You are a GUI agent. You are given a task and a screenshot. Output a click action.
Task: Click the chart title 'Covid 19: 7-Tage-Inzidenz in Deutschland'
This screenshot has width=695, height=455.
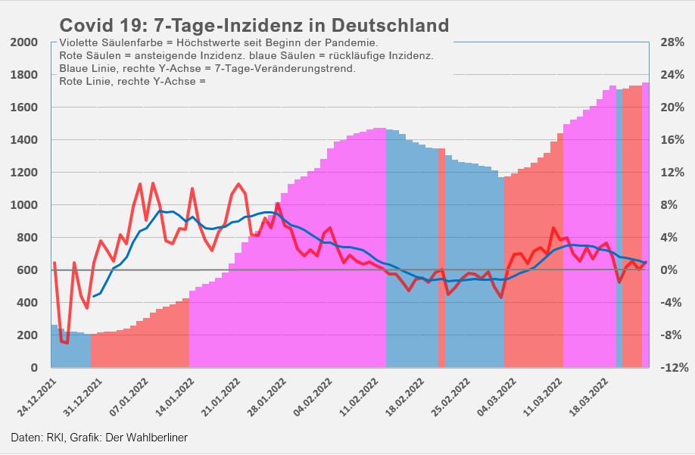tap(254, 26)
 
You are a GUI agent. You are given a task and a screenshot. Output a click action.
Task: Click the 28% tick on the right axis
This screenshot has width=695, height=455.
tap(672, 42)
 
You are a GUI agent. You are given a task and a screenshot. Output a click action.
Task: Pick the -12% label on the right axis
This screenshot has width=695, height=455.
tap(672, 368)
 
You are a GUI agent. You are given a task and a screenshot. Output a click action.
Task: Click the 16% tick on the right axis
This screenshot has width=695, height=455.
tap(672, 140)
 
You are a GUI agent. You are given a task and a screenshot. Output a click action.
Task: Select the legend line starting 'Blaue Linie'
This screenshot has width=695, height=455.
tap(207, 68)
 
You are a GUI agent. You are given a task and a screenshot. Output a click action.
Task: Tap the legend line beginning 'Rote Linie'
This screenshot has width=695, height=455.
tap(132, 80)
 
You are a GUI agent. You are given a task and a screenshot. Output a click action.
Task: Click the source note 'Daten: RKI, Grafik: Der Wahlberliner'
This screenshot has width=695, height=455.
tap(99, 438)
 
